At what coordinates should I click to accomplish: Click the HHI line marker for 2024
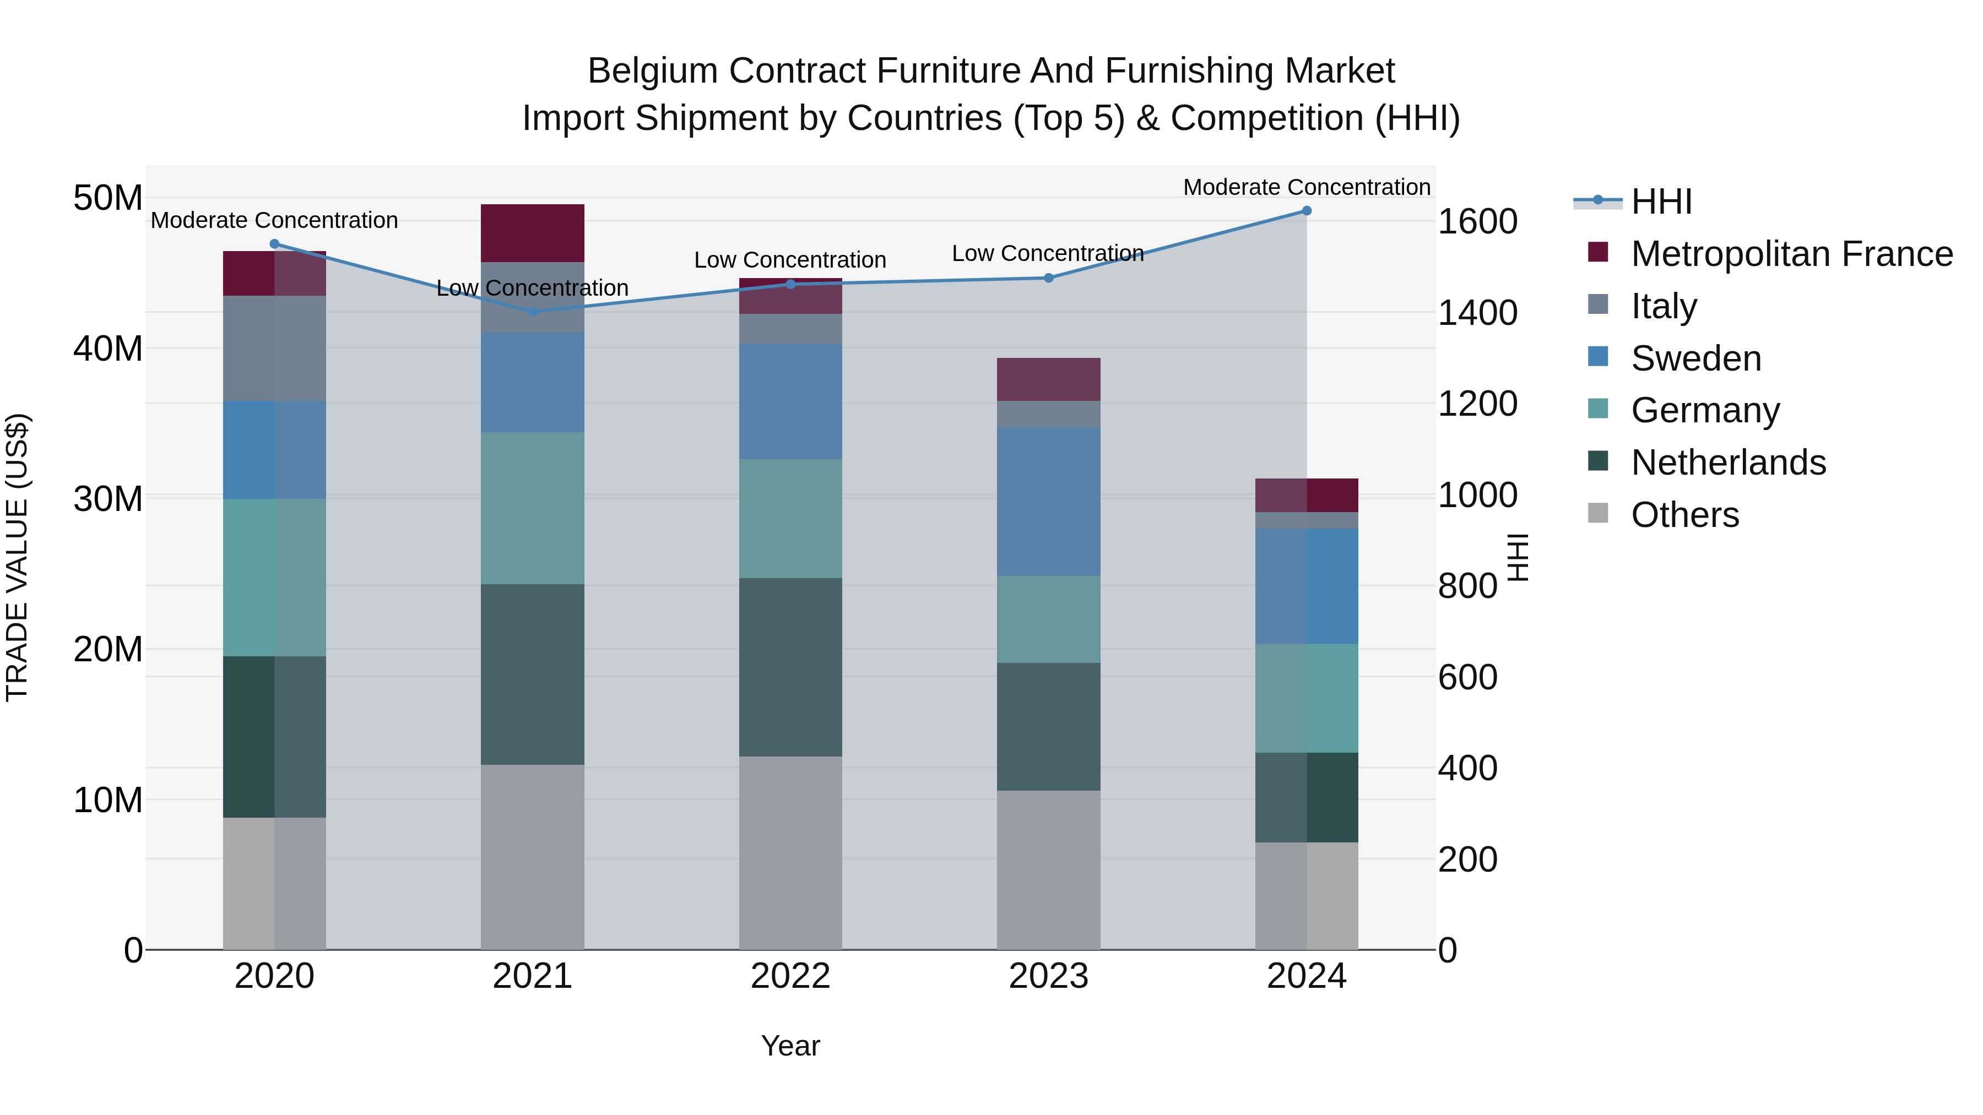point(1307,211)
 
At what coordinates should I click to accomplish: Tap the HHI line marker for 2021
point(533,312)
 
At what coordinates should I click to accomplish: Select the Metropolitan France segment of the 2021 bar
point(533,233)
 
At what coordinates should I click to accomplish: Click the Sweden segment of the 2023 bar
point(1048,502)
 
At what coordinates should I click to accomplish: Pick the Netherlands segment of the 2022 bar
point(790,667)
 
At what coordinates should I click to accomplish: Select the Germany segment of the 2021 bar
point(533,508)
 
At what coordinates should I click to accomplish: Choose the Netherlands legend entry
point(1728,463)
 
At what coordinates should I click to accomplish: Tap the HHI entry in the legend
point(1661,202)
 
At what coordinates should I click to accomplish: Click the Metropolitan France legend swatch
point(1598,252)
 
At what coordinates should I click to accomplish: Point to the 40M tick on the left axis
point(108,349)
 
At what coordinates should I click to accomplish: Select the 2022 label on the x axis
point(790,976)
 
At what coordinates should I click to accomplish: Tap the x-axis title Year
point(790,1046)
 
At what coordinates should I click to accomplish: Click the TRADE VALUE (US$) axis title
point(17,557)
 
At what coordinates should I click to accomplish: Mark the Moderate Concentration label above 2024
point(1307,187)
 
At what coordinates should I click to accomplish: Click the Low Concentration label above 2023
point(1048,253)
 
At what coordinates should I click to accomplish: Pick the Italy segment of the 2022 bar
point(790,329)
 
